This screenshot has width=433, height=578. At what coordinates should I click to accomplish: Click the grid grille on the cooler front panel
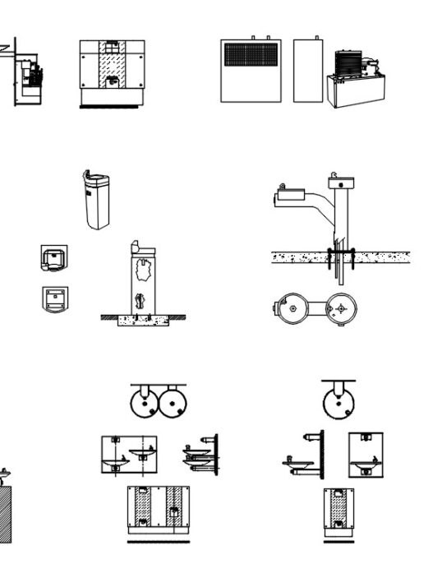click(252, 55)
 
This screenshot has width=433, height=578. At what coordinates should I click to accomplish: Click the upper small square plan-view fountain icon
click(54, 258)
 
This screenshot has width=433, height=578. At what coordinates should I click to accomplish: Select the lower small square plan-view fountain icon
click(54, 298)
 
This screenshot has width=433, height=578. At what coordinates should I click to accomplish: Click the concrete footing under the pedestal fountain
click(144, 320)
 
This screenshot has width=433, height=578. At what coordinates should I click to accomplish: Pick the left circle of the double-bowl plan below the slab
click(291, 308)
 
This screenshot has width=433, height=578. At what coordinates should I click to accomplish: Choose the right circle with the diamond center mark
click(341, 309)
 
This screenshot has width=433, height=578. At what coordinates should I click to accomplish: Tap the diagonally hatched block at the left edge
click(5, 514)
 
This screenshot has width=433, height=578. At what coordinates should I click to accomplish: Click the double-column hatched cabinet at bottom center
click(158, 510)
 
